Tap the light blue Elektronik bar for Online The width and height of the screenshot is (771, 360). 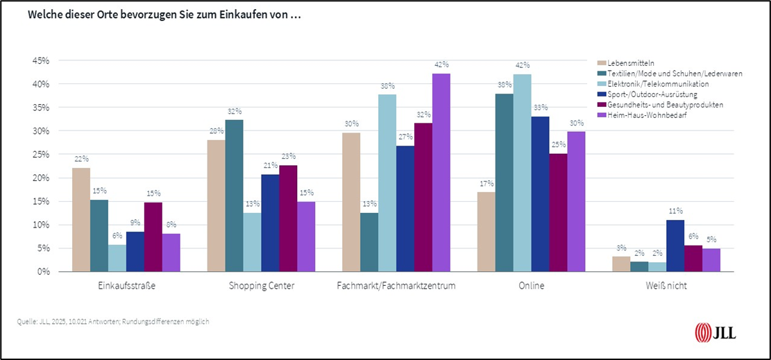(523, 173)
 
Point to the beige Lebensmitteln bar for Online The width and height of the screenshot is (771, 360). (486, 232)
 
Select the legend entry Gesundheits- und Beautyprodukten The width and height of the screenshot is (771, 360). (656, 104)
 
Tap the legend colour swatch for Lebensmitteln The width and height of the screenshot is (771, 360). (601, 63)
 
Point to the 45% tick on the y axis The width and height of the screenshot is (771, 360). (40, 60)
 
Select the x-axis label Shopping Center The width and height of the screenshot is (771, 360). (261, 286)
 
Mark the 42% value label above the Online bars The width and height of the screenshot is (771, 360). (523, 66)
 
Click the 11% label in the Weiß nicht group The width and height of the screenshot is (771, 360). (675, 211)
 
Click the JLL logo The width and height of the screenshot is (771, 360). (715, 332)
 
